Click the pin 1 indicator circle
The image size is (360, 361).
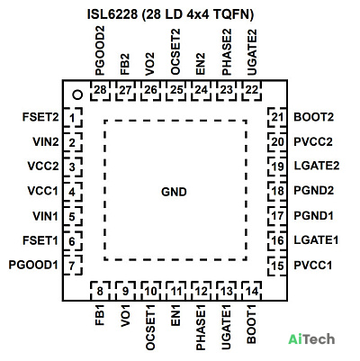[x=77, y=95]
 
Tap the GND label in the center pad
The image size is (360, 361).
[x=174, y=192]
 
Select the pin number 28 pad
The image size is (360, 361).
[x=100, y=90]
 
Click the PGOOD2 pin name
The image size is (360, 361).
[x=100, y=50]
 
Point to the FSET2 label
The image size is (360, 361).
[x=40, y=117]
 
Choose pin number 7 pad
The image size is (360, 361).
[x=72, y=266]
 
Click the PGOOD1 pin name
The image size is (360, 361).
[x=33, y=266]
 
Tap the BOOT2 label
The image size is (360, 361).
[x=313, y=117]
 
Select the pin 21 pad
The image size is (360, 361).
[x=277, y=117]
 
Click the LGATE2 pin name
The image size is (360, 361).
[x=317, y=166]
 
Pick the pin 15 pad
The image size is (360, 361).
[x=277, y=266]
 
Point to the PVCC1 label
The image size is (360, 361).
[x=313, y=266]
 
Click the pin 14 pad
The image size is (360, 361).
[x=252, y=291]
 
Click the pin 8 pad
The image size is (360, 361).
[x=100, y=291]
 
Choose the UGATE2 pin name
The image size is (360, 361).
[x=252, y=52]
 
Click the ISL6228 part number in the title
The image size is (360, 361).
[x=112, y=14]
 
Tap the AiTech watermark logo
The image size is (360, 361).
[x=311, y=339]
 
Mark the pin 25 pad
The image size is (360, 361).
[x=176, y=90]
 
